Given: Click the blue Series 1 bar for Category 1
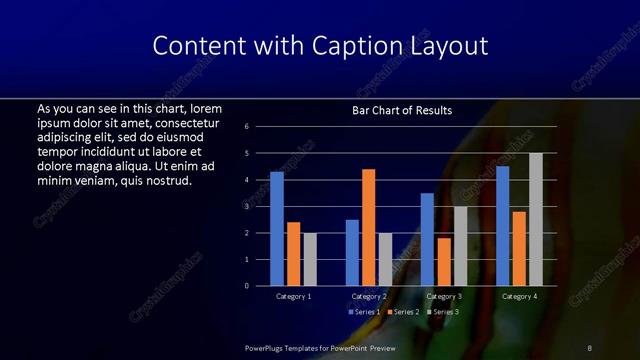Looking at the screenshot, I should click(x=277, y=229).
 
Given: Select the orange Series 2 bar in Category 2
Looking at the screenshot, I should click(x=368, y=227).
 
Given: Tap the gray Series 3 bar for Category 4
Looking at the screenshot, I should click(x=536, y=219).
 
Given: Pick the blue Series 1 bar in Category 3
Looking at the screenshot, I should click(x=427, y=239).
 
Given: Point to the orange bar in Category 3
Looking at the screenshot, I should click(x=443, y=262).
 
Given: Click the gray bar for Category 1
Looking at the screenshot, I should click(x=310, y=259).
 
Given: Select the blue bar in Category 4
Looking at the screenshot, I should click(x=502, y=226).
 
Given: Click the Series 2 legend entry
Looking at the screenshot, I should click(x=404, y=312).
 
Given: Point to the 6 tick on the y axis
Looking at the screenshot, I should click(x=259, y=127).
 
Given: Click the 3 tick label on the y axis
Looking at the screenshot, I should click(x=259, y=206).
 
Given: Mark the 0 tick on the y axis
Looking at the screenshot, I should click(x=259, y=286).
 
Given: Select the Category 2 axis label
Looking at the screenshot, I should click(x=368, y=297).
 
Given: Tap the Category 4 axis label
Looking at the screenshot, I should click(x=519, y=297).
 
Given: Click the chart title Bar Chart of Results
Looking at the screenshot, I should click(x=402, y=109).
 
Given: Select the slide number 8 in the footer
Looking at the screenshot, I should click(x=589, y=347).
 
